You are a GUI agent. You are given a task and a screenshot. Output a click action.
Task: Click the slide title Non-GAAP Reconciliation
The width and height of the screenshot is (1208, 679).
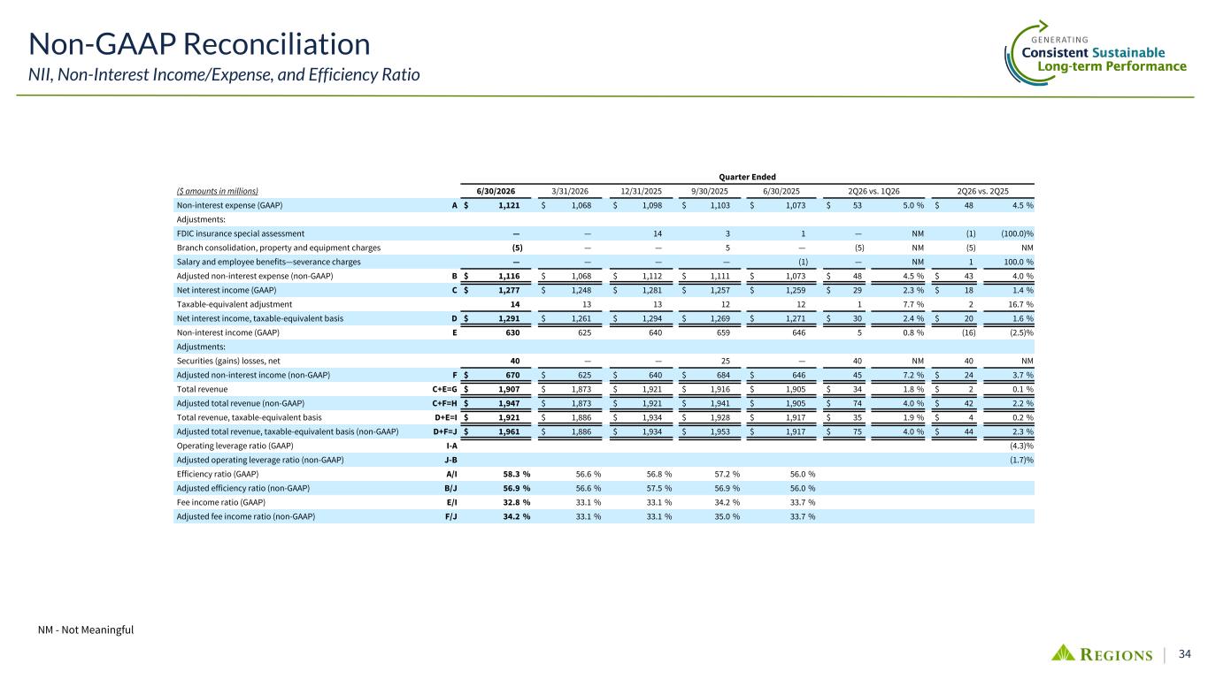[x=199, y=44]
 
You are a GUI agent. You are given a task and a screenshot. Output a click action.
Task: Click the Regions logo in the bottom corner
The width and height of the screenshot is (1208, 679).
[x=1103, y=653]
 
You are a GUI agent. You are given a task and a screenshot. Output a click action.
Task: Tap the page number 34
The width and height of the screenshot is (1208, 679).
[x=1184, y=653]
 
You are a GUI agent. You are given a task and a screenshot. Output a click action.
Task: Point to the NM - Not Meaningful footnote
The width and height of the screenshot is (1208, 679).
[x=86, y=629]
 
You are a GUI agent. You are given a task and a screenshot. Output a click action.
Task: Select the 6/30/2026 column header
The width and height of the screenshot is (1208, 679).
[x=496, y=191]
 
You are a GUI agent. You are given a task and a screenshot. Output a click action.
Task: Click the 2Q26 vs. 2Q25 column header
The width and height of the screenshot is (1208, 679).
[x=982, y=191]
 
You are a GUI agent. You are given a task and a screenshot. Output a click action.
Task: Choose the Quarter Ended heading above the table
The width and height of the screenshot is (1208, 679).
[x=747, y=177]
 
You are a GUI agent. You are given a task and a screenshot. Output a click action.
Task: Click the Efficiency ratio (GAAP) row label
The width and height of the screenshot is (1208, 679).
[x=218, y=474]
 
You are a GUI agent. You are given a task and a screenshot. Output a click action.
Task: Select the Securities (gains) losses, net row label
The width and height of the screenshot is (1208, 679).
[x=228, y=361]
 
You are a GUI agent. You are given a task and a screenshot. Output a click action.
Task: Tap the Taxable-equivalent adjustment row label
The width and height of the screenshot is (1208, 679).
[x=235, y=304]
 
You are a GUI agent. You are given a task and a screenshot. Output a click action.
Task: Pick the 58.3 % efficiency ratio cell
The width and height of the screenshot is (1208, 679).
[x=517, y=474]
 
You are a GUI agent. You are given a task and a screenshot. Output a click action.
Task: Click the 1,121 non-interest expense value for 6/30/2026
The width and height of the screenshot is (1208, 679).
[x=509, y=205]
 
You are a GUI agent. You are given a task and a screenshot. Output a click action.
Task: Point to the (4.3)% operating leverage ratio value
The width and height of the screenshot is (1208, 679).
[x=1021, y=446]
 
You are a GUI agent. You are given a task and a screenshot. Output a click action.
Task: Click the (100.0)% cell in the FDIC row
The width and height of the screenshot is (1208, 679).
[x=1017, y=234]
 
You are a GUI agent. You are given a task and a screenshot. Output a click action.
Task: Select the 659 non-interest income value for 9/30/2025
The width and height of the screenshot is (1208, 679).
[x=723, y=332]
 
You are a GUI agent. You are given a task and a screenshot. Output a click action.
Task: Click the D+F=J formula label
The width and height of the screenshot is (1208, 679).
[x=445, y=431]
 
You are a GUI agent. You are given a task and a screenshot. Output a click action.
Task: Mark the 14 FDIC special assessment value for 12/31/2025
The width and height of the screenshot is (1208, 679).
[x=658, y=234]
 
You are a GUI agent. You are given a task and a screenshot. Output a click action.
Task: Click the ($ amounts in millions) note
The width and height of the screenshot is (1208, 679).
[x=218, y=191]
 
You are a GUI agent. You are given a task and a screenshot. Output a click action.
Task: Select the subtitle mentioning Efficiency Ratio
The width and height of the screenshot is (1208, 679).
[x=224, y=74]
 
